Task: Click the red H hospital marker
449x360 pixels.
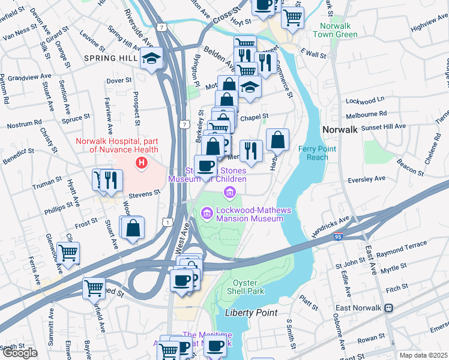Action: (141, 162)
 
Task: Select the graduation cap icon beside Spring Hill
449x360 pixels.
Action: (150, 59)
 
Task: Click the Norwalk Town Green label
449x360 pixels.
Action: (339, 30)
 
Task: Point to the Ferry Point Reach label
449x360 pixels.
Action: (314, 153)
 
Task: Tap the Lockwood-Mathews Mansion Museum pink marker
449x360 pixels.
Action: (206, 212)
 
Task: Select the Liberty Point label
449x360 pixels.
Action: (251, 313)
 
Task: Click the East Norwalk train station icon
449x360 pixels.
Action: (388, 308)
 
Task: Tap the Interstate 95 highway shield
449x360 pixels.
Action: (339, 238)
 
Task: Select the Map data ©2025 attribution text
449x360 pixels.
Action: (423, 355)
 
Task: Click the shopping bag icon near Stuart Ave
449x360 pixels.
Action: (133, 228)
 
